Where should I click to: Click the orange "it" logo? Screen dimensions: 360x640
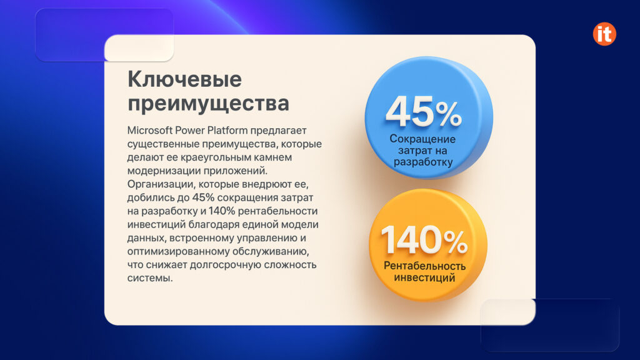[x=604, y=34]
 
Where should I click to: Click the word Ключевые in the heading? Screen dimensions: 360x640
[x=184, y=80]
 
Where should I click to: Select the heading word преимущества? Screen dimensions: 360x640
[x=208, y=103]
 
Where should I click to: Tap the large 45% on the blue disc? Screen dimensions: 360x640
[x=423, y=112]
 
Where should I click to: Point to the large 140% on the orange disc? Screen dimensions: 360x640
[x=424, y=239]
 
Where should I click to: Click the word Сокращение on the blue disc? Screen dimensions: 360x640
[x=422, y=139]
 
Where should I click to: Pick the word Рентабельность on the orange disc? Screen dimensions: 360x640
[x=424, y=266]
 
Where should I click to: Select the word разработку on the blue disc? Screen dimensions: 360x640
[x=422, y=162]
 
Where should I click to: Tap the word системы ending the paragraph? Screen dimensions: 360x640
[x=149, y=277]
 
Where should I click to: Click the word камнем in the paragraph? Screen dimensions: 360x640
[x=272, y=157]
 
